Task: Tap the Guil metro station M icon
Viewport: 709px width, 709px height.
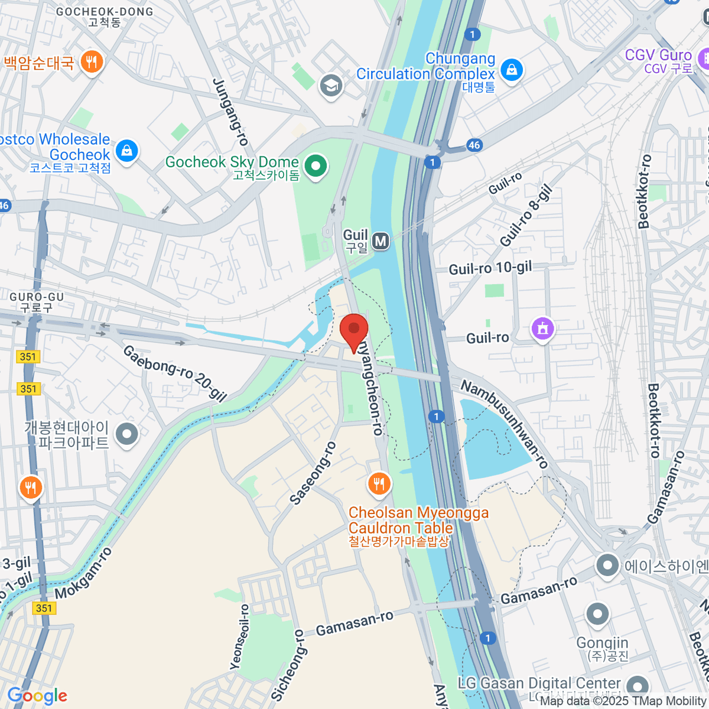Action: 381,240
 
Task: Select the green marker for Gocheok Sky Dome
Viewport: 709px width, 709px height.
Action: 316,165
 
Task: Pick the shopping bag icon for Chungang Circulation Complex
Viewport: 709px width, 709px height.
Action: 511,70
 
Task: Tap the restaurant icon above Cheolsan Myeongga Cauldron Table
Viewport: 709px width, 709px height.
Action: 379,484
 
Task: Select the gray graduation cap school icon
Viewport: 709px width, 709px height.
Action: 331,86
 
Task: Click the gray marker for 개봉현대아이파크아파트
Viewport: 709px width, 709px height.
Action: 126,435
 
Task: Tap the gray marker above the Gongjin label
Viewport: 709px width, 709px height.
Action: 597,614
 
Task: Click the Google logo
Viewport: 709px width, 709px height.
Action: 37,695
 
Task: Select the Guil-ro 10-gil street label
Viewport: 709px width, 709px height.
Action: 490,268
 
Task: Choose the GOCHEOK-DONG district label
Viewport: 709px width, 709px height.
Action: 104,12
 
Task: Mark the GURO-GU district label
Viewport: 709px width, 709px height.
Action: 36,297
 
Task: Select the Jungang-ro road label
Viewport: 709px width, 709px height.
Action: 230,112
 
